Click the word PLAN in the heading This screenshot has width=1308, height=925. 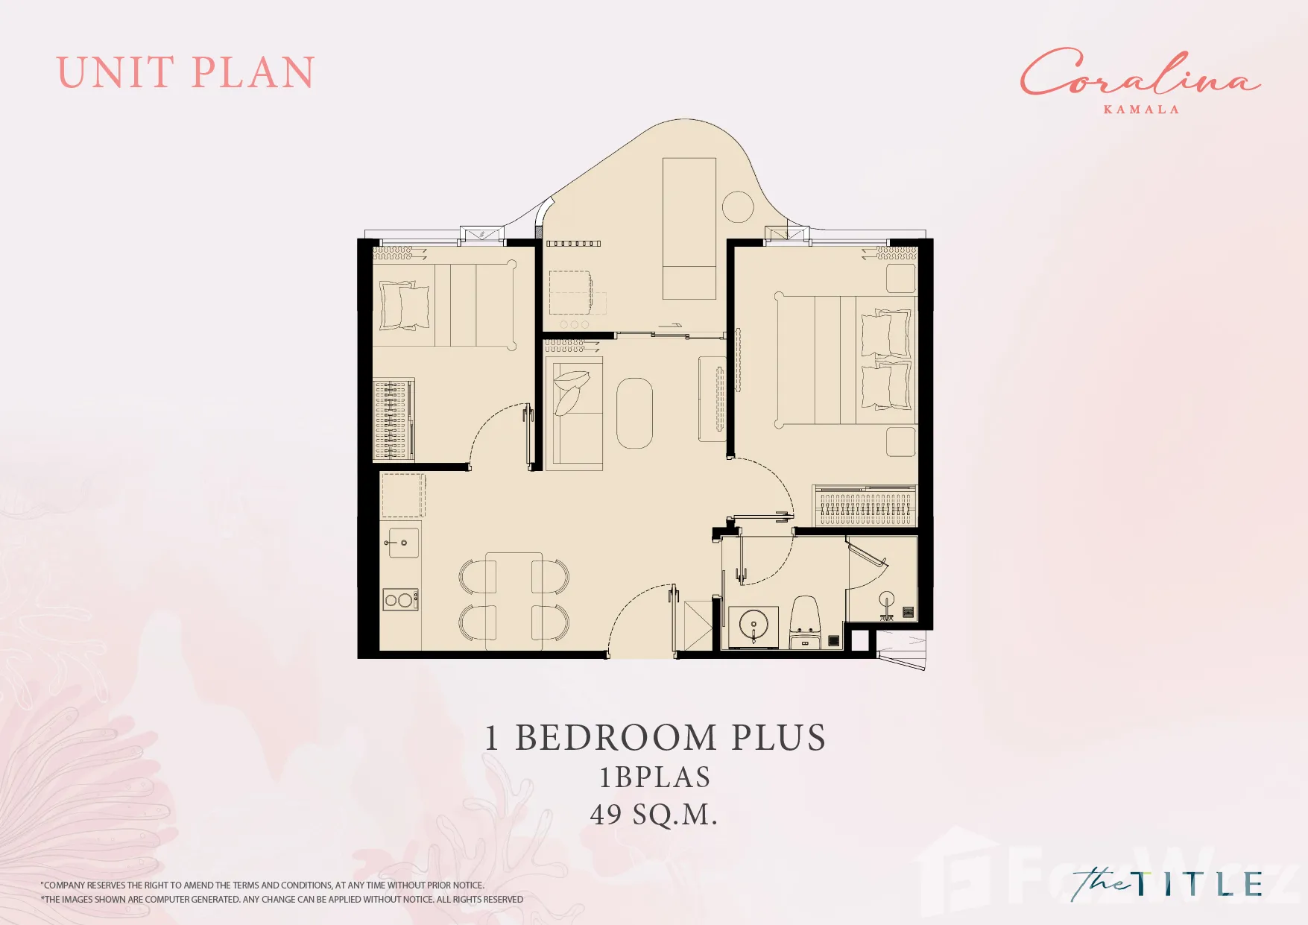click(253, 73)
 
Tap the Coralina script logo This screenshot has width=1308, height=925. click(1140, 73)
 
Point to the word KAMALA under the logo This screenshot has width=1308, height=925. click(1141, 110)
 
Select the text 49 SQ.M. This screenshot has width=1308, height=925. click(654, 814)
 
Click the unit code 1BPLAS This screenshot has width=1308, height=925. click(654, 777)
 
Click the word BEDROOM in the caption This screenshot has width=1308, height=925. click(616, 738)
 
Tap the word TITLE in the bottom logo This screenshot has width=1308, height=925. click(1199, 884)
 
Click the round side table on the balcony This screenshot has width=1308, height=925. click(738, 206)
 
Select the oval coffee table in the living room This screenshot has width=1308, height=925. click(634, 413)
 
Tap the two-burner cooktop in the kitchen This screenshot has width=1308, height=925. click(400, 599)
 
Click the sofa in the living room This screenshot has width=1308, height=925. click(574, 414)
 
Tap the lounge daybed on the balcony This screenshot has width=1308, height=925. click(689, 228)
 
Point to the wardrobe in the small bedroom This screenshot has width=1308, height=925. click(393, 420)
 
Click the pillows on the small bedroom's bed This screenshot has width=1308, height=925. click(405, 306)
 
